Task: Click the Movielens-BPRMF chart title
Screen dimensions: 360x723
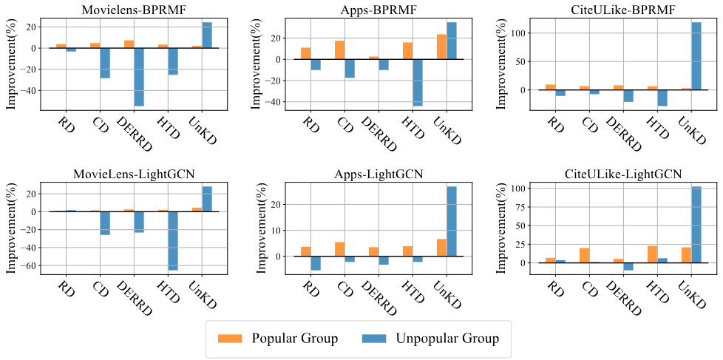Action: (134, 10)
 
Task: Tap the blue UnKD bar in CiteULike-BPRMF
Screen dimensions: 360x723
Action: (695, 56)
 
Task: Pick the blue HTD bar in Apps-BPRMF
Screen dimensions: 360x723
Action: (417, 82)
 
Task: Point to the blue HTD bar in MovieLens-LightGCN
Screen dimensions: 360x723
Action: (173, 240)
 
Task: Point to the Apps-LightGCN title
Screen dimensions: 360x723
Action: (378, 174)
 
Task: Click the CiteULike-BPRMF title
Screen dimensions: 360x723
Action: (622, 10)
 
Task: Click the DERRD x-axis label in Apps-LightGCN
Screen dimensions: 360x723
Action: (378, 292)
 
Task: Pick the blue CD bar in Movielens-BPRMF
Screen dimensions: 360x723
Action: (105, 63)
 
